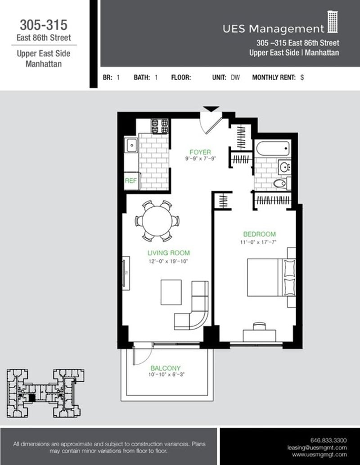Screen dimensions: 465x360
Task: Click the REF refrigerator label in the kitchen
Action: pos(131,181)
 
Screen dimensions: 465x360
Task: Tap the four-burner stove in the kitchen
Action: pos(160,126)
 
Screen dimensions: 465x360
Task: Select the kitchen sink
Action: pos(132,145)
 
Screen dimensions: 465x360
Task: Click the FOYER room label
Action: pos(200,152)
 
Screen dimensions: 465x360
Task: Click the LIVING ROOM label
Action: pos(168,253)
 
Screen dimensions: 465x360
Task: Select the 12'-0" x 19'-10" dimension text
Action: pos(168,261)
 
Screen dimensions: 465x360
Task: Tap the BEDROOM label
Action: pos(259,234)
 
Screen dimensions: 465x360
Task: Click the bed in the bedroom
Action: pos(270,277)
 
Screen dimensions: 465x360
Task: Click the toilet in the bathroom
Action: pos(281,183)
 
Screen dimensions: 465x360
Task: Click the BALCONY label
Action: pos(165,367)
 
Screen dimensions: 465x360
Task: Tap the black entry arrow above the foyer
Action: pos(211,109)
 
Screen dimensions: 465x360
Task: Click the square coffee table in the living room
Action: pos(171,292)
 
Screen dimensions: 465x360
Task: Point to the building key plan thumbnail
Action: pos(45,393)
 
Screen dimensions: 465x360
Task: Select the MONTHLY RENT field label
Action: pos(274,77)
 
